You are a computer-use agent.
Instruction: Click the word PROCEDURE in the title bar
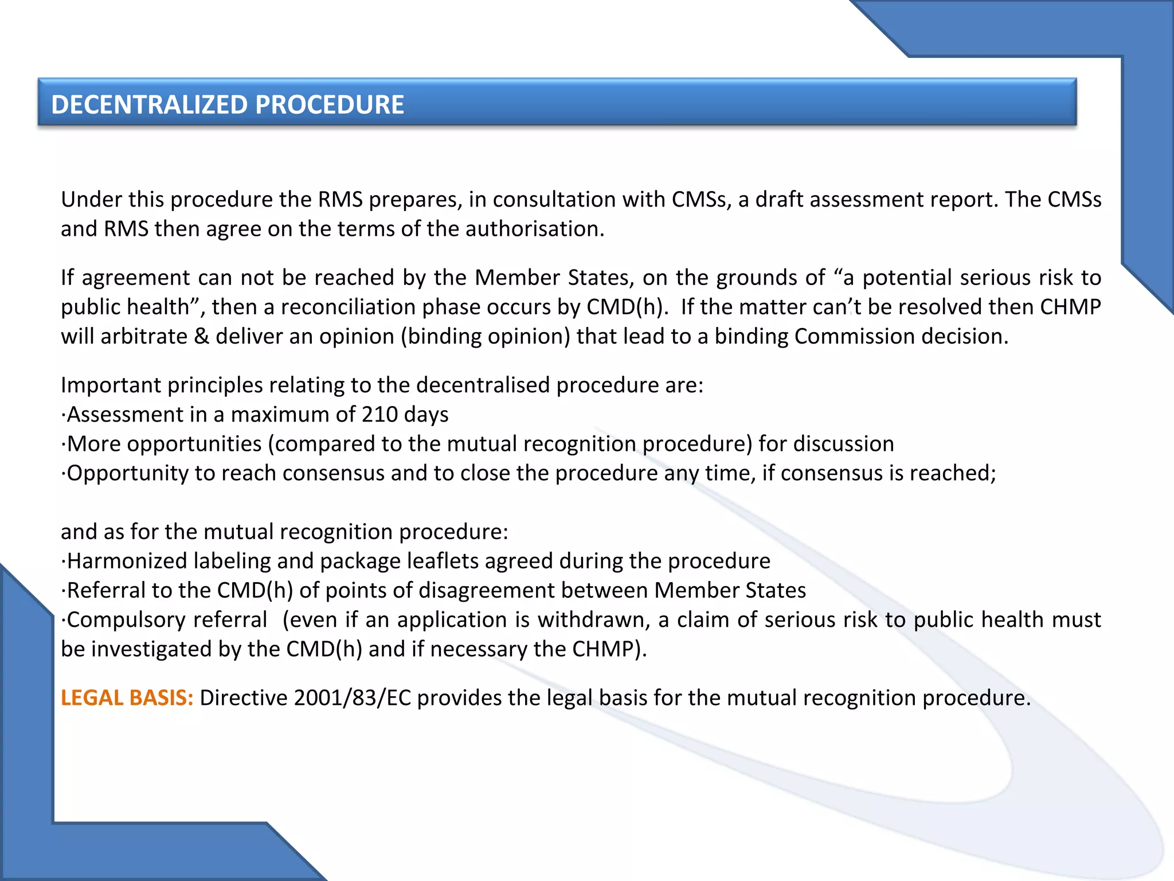330,105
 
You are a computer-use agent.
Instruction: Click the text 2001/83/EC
353,698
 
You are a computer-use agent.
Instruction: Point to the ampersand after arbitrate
201,337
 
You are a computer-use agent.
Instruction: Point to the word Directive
244,698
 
